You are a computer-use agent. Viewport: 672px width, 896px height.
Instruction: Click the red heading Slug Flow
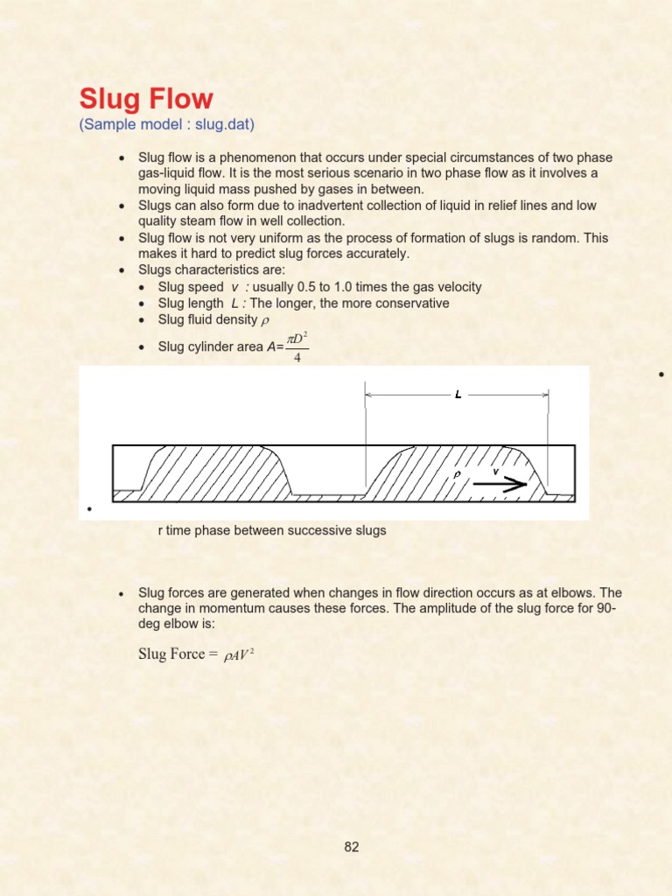coord(146,99)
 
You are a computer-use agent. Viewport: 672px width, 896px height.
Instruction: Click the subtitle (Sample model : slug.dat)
coord(166,124)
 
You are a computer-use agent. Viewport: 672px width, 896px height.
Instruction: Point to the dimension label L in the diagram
coord(458,395)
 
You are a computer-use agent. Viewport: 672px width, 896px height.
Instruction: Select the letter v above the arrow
coord(496,471)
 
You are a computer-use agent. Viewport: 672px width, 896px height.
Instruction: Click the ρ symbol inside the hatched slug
coord(454,476)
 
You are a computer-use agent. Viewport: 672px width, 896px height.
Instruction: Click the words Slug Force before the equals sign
coord(172,654)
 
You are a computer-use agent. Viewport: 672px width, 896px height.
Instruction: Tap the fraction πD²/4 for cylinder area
coord(297,346)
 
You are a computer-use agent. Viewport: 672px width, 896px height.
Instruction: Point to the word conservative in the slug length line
coord(410,303)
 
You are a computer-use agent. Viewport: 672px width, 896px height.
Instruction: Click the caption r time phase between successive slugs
coord(271,530)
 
